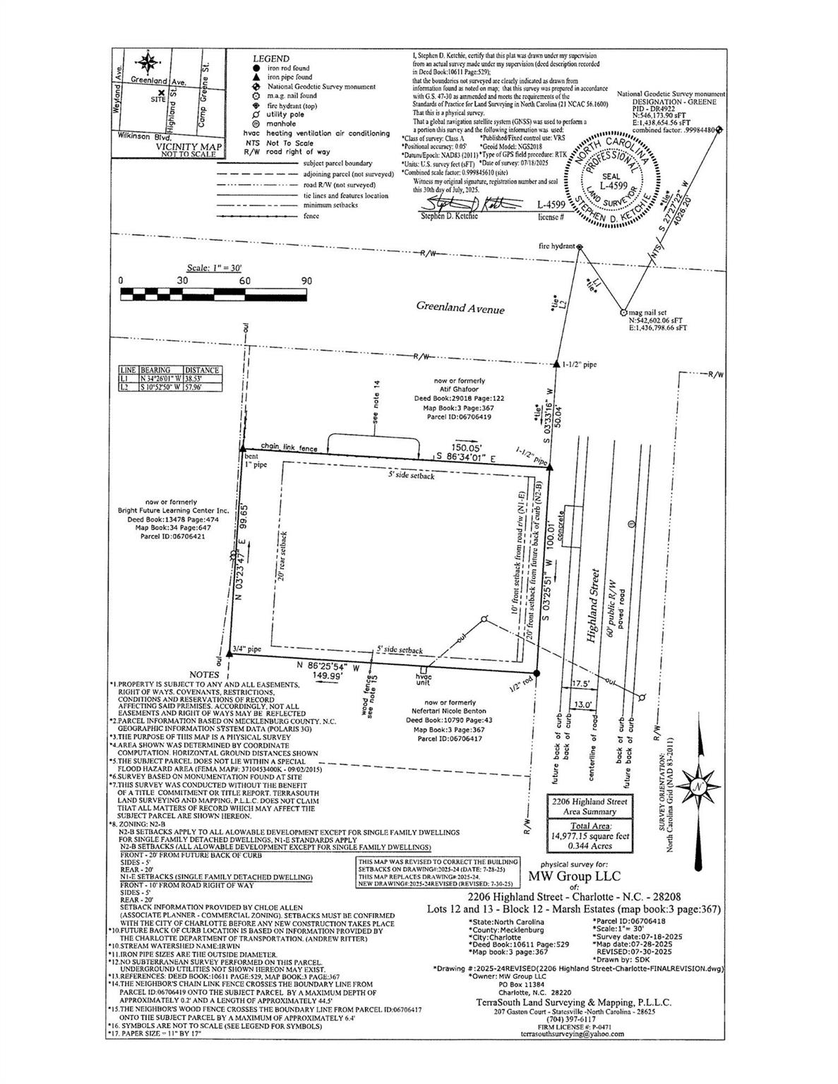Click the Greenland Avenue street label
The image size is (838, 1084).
[460, 308]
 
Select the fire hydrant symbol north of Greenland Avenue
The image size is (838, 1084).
[580, 247]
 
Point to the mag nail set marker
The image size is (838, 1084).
[623, 311]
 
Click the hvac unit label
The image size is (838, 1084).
[422, 679]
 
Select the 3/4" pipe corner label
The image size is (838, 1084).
[246, 648]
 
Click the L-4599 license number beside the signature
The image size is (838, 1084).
[551, 205]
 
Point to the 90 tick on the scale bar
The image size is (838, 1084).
[306, 281]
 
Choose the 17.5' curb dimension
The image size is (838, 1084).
[581, 684]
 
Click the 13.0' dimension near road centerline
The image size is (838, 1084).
[582, 704]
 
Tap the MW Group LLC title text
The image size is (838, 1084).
[574, 877]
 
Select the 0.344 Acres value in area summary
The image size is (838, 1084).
[591, 844]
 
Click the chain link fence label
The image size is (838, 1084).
[288, 447]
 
